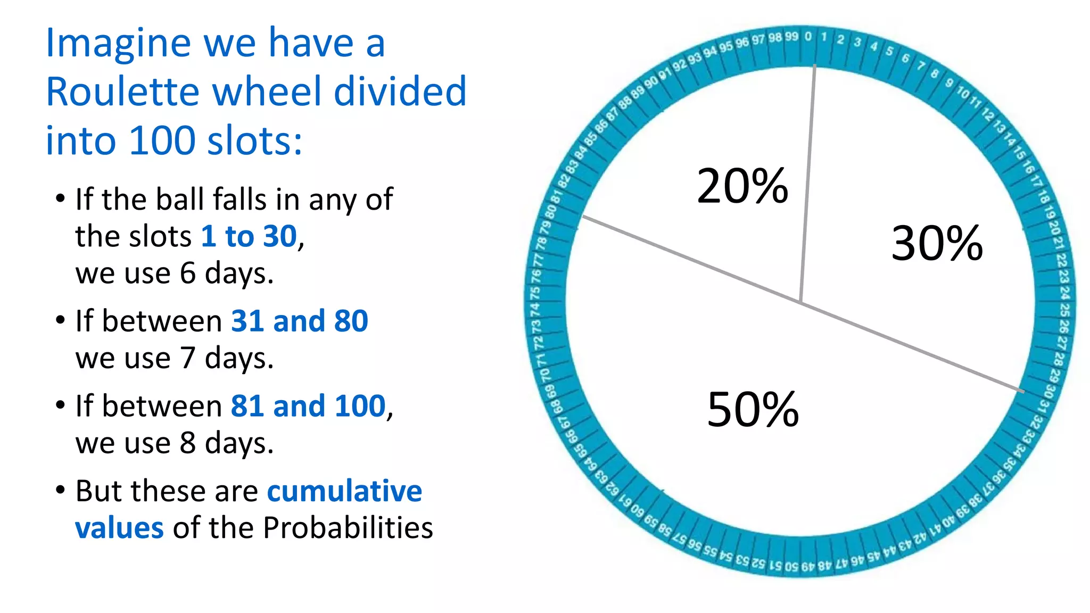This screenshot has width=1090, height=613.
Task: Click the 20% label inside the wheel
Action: [742, 186]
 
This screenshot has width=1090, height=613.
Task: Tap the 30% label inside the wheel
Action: [937, 243]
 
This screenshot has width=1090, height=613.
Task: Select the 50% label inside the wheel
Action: [753, 409]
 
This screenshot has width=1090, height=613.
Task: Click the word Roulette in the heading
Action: [122, 92]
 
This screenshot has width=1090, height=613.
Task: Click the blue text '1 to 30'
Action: [249, 236]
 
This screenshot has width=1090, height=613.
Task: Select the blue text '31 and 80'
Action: [299, 321]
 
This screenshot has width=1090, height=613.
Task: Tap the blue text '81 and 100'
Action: [308, 406]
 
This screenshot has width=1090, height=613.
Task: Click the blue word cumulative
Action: [344, 491]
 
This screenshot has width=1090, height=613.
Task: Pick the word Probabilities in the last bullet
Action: [348, 528]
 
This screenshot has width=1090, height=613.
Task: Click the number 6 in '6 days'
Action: [188, 274]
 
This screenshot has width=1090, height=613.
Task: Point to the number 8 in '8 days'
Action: [188, 443]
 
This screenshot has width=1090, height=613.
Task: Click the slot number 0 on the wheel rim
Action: [808, 37]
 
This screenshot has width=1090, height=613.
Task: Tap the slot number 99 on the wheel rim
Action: [791, 37]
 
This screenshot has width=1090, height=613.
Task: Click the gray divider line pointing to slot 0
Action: [808, 181]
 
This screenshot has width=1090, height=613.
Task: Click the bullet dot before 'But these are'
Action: [60, 490]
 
